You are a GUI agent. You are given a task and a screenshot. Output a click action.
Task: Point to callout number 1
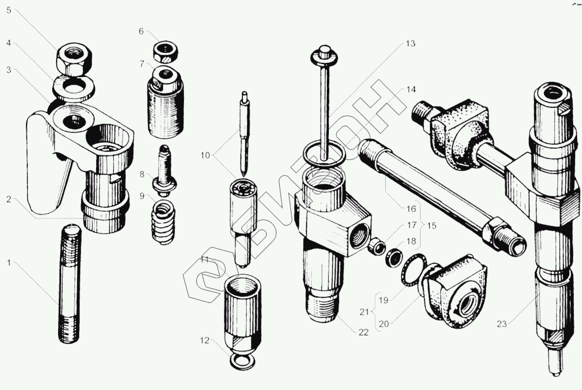tap(8, 263)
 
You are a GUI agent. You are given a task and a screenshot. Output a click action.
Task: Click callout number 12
tap(203, 340)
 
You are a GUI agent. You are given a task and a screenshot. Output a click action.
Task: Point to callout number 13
tap(409, 44)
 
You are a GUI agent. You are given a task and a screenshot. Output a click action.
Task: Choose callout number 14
tap(409, 90)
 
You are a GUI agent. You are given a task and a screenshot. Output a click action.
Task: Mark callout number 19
tap(383, 300)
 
